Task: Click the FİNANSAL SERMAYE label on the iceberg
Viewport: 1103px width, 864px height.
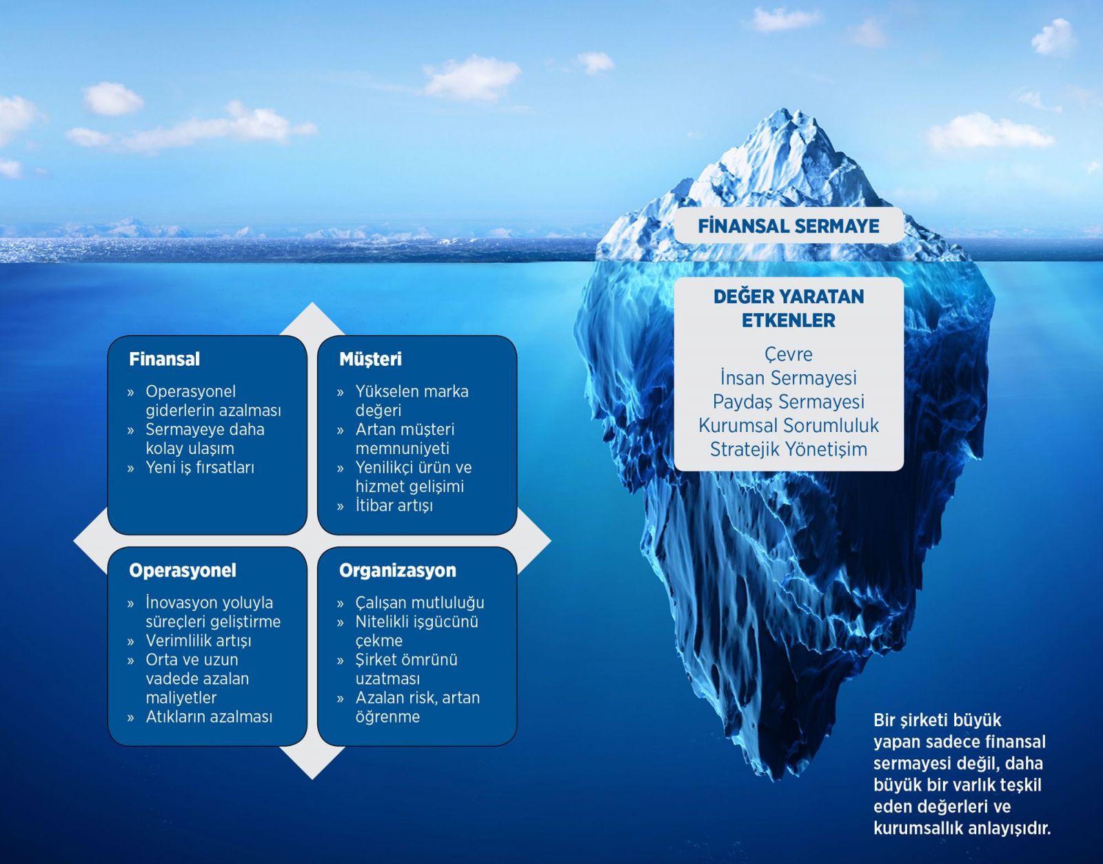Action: [788, 226]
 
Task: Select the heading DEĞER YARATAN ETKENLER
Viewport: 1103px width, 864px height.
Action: [788, 309]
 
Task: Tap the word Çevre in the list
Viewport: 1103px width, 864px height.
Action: [788, 354]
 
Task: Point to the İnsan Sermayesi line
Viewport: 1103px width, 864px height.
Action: [788, 378]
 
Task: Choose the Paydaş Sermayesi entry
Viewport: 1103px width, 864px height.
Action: [788, 401]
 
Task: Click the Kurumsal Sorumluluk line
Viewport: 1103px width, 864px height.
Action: [788, 425]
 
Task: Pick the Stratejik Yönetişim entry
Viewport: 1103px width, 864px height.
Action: [788, 449]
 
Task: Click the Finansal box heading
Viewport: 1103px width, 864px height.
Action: [165, 359]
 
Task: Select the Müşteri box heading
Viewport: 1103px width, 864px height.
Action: [371, 359]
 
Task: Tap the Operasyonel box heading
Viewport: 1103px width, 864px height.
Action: [183, 570]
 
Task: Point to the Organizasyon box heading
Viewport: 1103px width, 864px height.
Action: [398, 570]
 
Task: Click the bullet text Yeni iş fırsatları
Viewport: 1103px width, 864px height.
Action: [200, 467]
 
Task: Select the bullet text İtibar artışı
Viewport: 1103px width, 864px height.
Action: [394, 505]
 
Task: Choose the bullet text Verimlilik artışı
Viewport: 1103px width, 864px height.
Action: [199, 641]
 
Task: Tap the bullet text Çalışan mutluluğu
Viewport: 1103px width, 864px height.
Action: [420, 603]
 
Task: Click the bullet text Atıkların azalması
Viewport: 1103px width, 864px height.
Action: [209, 717]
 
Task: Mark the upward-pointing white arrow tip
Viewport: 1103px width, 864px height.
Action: [312, 303]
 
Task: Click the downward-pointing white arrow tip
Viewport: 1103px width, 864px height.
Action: [312, 779]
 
